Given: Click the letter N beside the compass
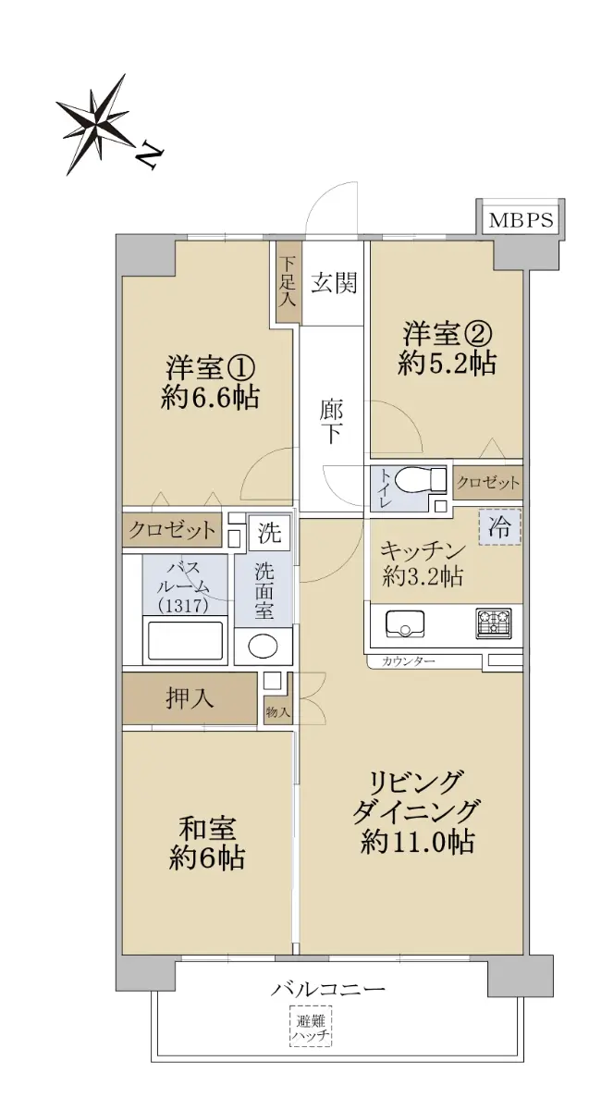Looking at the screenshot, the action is tap(149, 155).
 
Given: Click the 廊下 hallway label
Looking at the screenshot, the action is tap(329, 422).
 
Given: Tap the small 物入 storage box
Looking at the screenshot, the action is tap(278, 711).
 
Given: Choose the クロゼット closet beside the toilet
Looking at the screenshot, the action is tap(487, 482).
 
